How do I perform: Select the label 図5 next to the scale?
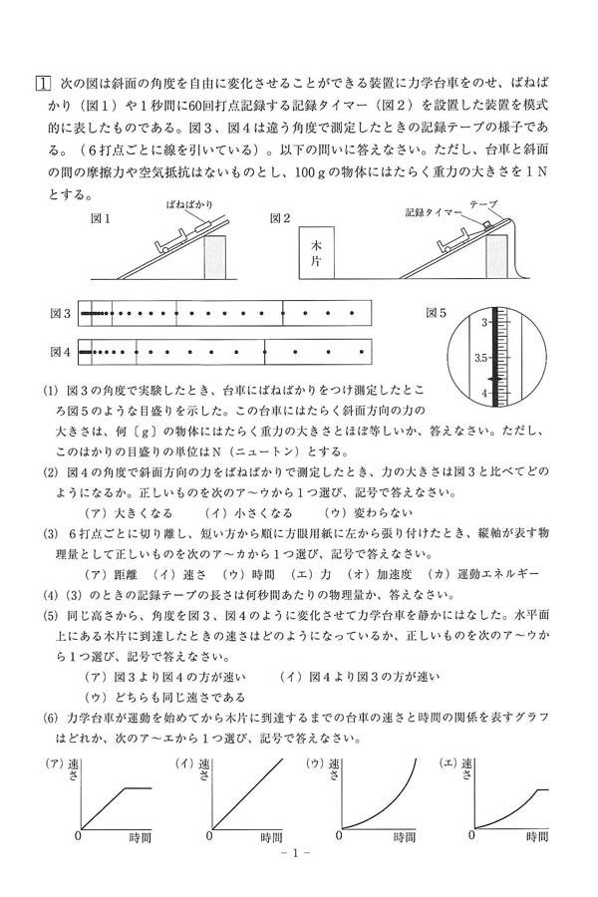tap(437, 313)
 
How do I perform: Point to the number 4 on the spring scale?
tap(485, 392)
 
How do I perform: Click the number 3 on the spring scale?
tap(485, 322)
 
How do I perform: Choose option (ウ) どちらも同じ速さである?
tap(164, 696)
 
